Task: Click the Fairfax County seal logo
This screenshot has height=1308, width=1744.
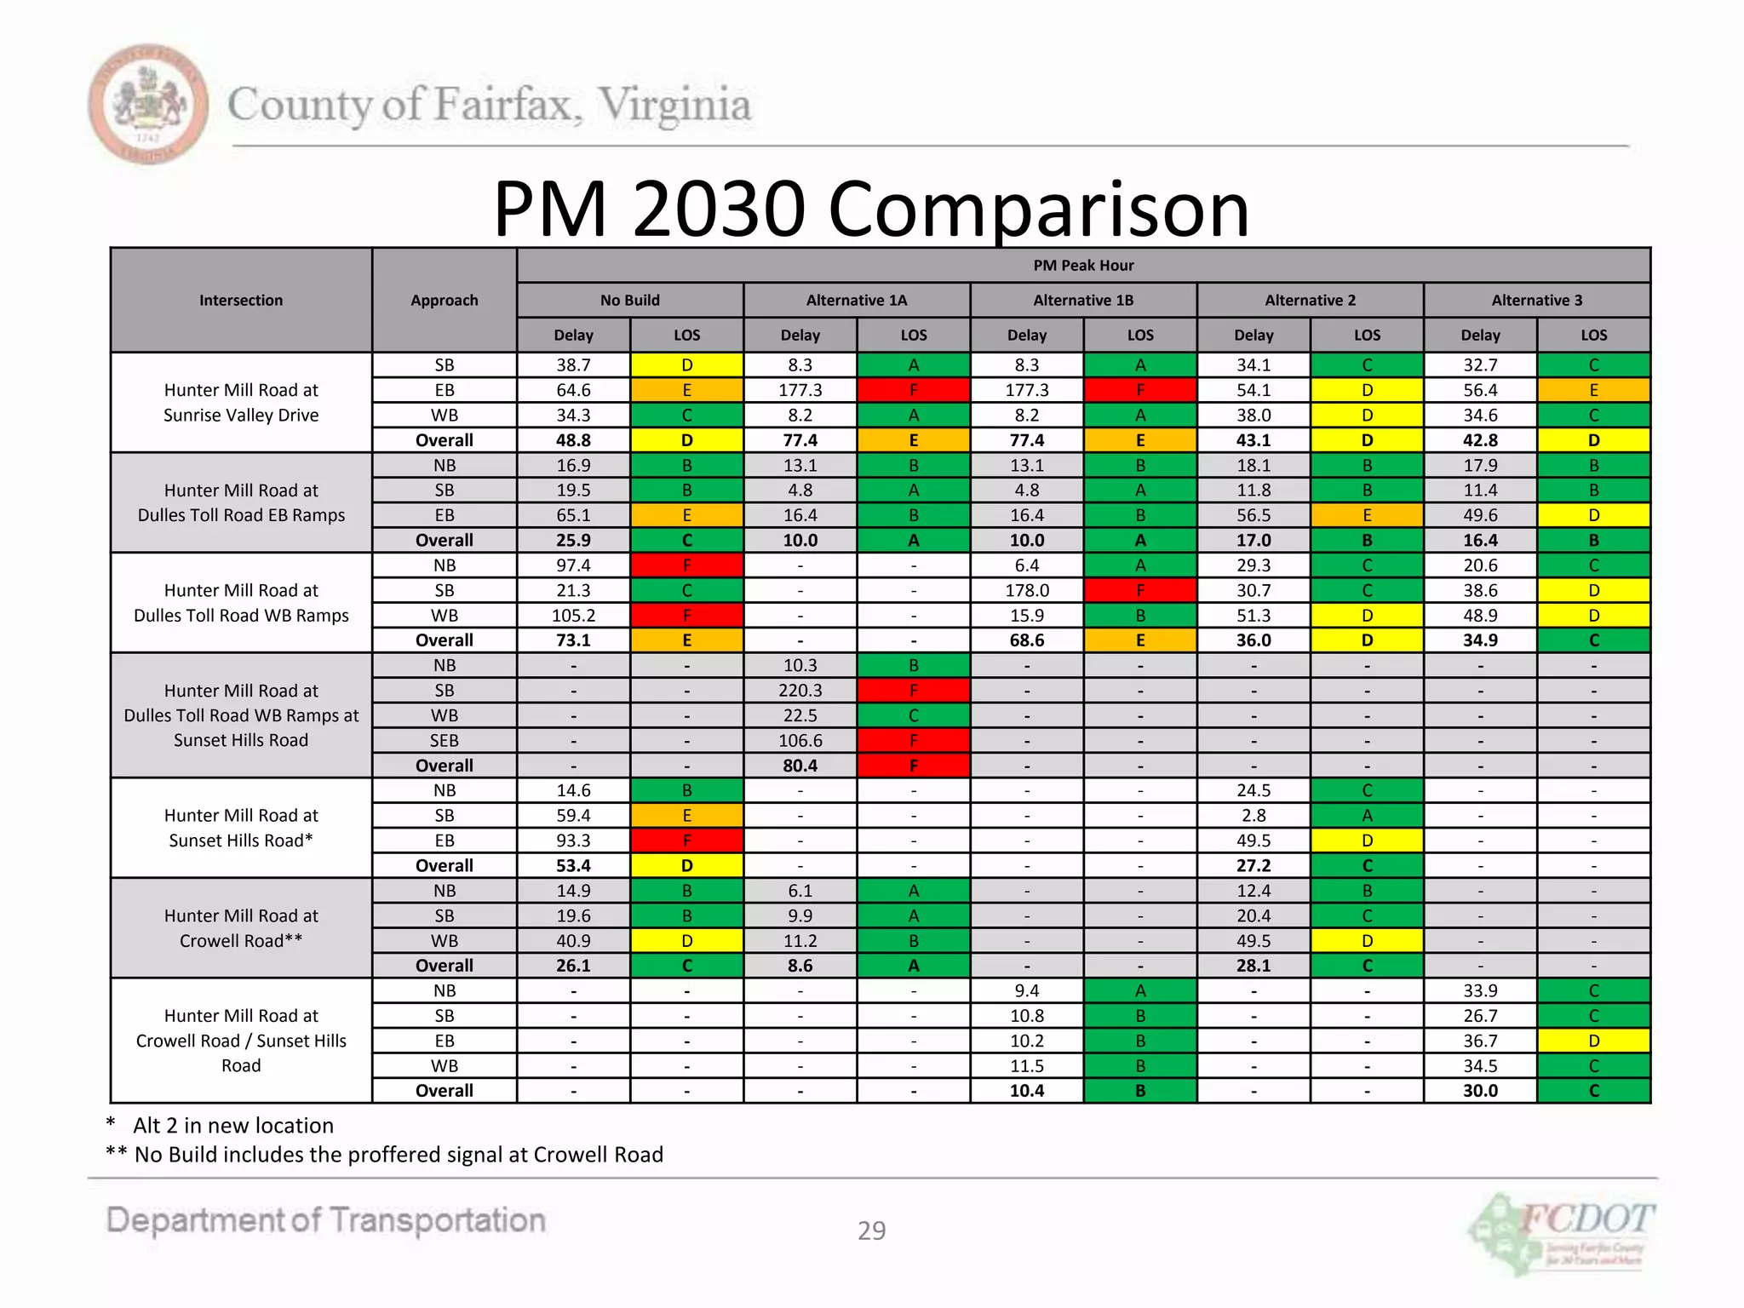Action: click(148, 104)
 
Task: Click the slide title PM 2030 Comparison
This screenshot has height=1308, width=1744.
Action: click(870, 209)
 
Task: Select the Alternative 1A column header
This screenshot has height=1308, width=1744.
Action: click(857, 301)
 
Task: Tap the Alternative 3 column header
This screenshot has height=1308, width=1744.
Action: click(1536, 301)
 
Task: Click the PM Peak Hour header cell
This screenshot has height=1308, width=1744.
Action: click(1083, 266)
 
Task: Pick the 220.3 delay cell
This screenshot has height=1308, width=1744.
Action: click(800, 691)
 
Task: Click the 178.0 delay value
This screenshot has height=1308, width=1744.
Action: click(1026, 590)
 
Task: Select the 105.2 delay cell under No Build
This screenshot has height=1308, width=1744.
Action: click(573, 616)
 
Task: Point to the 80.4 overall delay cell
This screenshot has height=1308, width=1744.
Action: click(800, 766)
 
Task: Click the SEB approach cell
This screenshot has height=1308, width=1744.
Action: click(445, 741)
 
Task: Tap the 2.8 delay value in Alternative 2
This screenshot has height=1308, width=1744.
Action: click(1253, 816)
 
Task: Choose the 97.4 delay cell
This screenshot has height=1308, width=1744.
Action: click(573, 565)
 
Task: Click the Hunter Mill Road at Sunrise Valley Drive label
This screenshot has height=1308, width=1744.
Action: click(241, 403)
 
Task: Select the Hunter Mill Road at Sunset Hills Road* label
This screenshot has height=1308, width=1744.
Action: click(241, 828)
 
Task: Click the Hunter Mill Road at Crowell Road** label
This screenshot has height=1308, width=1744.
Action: click(241, 928)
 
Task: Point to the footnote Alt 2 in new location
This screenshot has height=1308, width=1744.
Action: click(232, 1126)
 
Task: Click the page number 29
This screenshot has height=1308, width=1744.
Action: click(871, 1231)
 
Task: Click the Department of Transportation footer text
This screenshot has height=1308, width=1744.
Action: click(325, 1220)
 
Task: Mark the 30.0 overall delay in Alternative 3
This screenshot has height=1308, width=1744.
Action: click(1480, 1091)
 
